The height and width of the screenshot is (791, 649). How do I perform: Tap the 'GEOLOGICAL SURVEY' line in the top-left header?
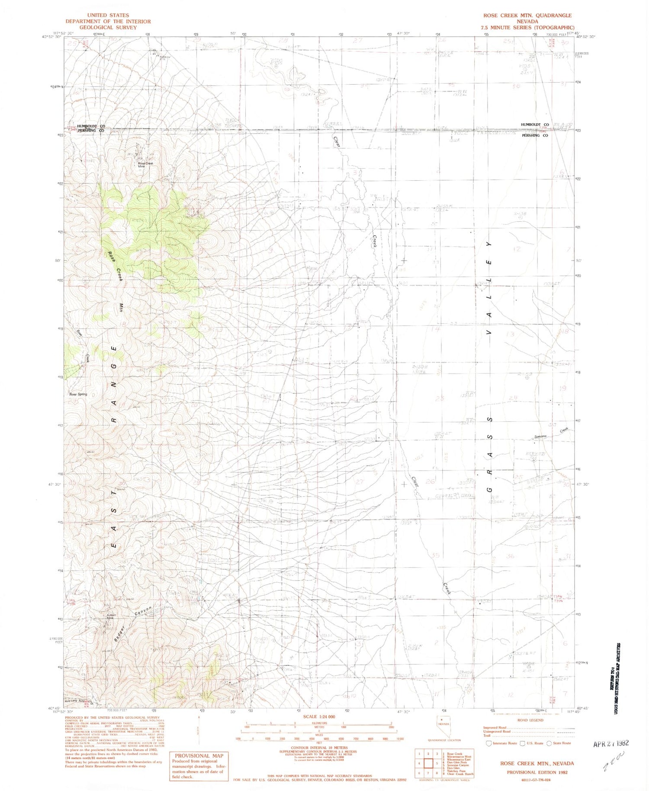[x=101, y=27]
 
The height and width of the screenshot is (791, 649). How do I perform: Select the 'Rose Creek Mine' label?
[x=146, y=165]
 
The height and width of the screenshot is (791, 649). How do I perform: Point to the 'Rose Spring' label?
[x=78, y=394]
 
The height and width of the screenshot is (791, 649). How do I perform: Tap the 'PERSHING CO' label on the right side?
[x=535, y=135]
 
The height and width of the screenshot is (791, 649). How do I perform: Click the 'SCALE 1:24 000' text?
[x=319, y=716]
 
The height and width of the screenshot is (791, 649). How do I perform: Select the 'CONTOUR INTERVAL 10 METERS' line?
[x=319, y=747]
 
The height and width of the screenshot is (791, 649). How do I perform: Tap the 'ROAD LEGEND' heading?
[x=530, y=720]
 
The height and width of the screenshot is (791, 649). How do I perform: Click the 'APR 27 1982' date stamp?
[x=610, y=743]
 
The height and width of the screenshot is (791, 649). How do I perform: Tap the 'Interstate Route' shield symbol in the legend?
[x=489, y=743]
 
